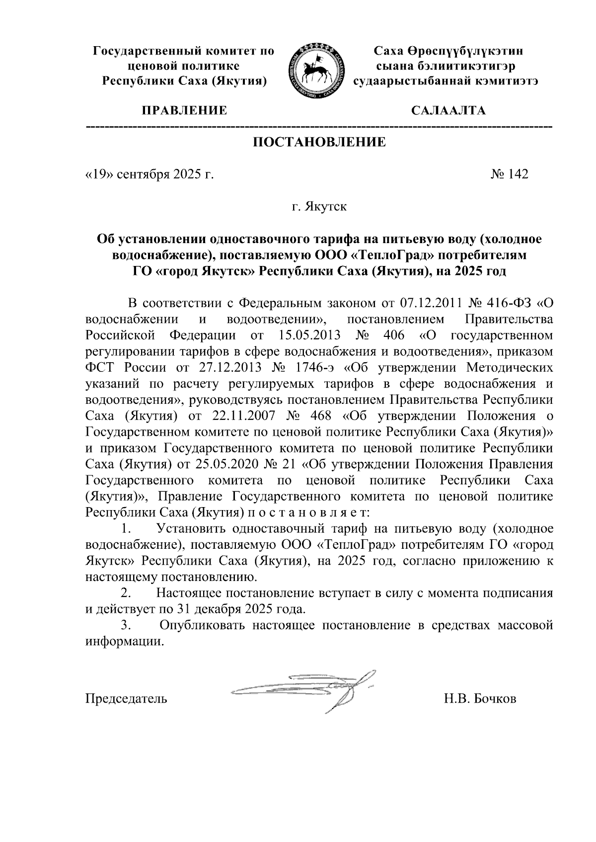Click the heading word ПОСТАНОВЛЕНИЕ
319,143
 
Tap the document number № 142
509,174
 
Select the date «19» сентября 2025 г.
149,174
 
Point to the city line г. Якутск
319,206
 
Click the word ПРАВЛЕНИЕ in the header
185,110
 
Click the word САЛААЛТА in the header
449,110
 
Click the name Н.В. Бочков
480,699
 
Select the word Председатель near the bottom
126,699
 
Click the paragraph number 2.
126,592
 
